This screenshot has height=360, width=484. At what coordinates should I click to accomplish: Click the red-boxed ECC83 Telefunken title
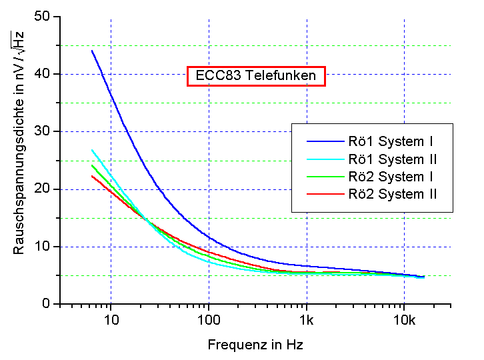(257, 76)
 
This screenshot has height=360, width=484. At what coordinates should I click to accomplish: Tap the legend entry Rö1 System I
(391, 141)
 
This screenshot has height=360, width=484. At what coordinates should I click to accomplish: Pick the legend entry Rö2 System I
(391, 177)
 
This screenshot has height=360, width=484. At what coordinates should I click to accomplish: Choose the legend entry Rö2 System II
(393, 194)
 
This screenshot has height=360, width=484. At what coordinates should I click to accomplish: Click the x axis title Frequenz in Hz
(255, 345)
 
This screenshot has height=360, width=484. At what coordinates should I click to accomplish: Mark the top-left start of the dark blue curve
(92, 51)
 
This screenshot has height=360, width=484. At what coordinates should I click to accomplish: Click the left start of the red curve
(92, 176)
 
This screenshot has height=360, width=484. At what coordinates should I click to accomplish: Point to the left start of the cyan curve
(92, 150)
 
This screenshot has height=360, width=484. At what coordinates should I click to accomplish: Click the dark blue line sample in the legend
(323, 141)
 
